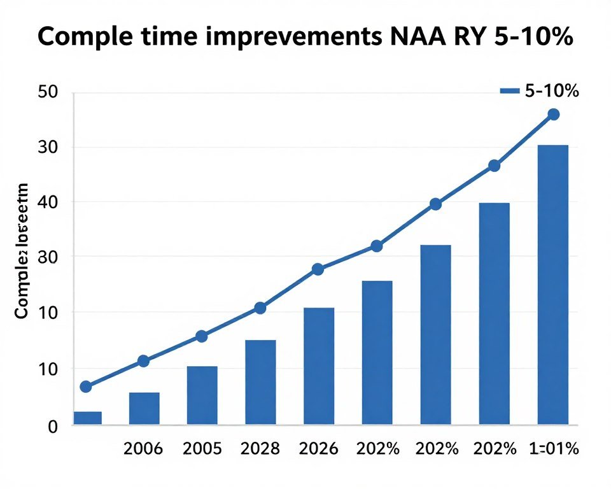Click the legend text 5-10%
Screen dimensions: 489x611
[x=551, y=91]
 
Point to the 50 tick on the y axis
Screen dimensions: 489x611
[x=48, y=92]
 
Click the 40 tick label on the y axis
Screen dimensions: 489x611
[x=48, y=202]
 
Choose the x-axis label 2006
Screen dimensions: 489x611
[x=143, y=449]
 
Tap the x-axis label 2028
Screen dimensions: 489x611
[x=260, y=449]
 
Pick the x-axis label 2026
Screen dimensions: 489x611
[x=318, y=449]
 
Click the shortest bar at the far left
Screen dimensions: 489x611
[x=87, y=418]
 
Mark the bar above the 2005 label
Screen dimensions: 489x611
[x=202, y=395]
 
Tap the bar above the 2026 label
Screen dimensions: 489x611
[x=318, y=366]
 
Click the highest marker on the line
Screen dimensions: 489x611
[x=553, y=115]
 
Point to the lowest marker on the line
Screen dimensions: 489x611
[x=86, y=386]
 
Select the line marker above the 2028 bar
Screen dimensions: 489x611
[x=260, y=308]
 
